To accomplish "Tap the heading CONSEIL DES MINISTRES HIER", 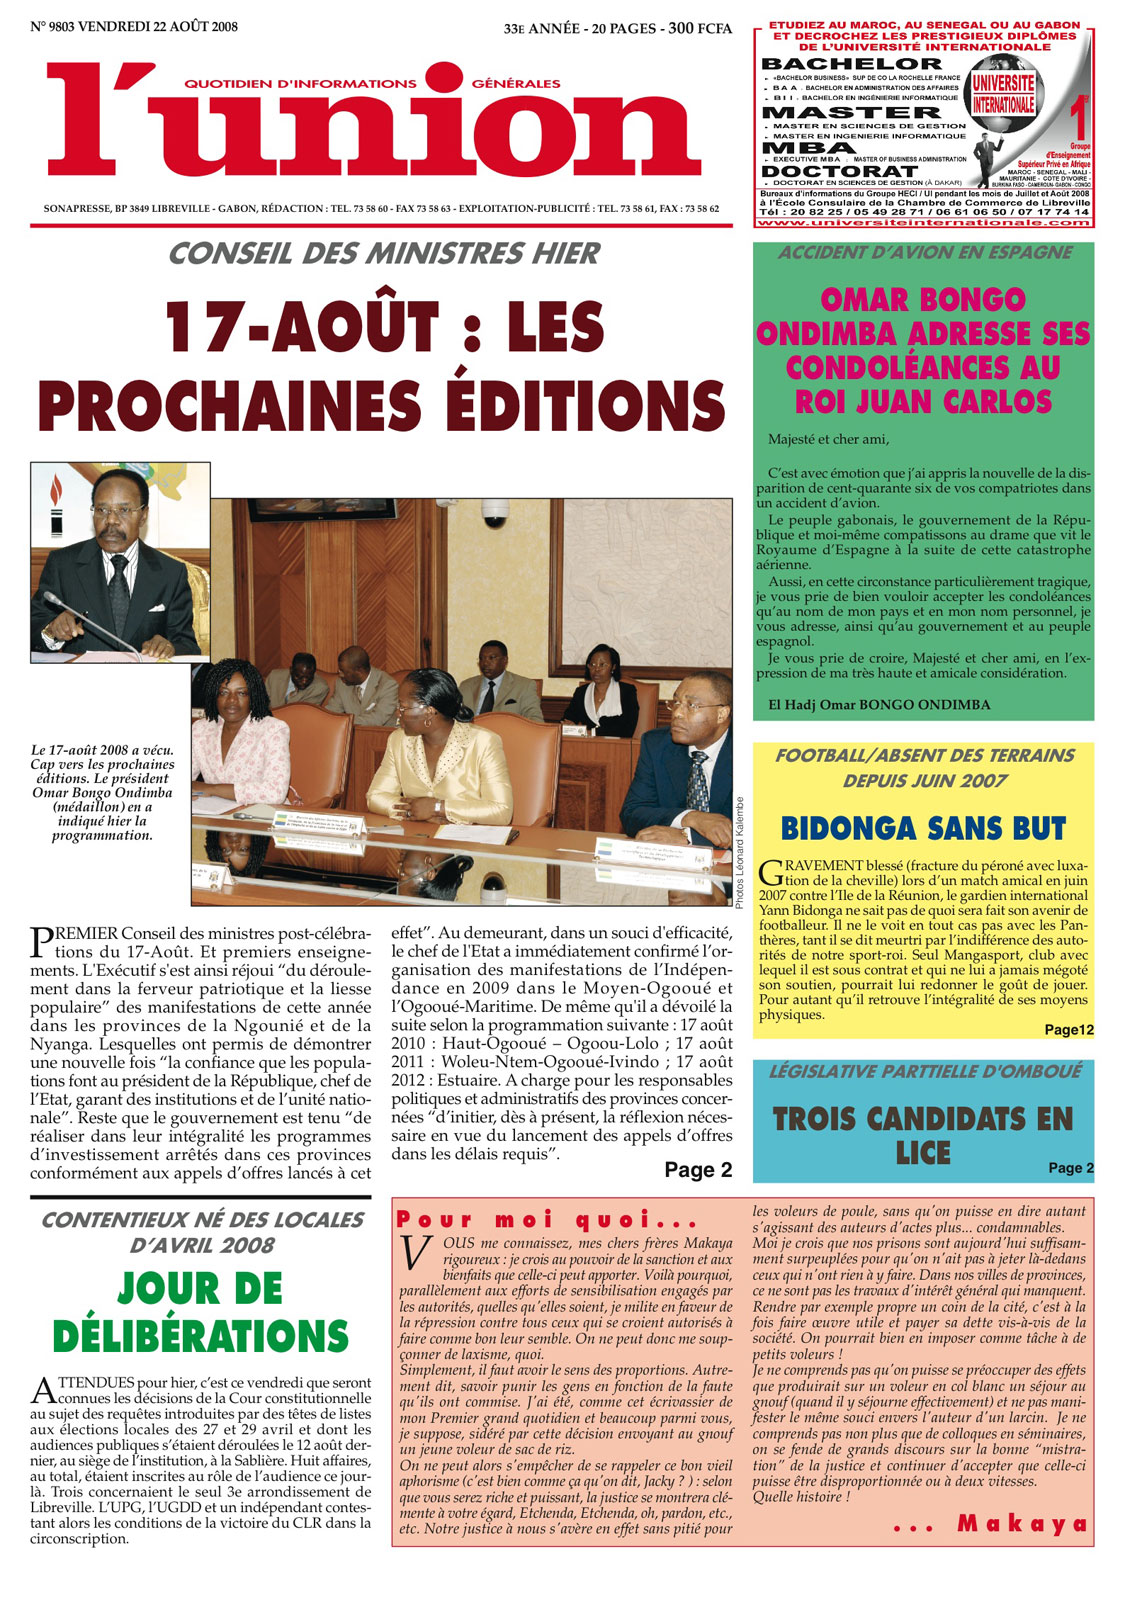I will click(x=383, y=254).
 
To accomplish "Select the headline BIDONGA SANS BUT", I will click(x=922, y=829).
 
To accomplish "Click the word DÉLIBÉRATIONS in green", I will click(x=200, y=1336).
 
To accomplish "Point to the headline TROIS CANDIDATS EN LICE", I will click(x=922, y=1135).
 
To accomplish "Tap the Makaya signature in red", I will click(x=1020, y=1524).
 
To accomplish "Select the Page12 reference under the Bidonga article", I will click(x=1068, y=1030).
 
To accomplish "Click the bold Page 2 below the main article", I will click(x=698, y=1170).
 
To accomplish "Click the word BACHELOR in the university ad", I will click(x=837, y=64).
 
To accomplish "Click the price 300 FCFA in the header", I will click(x=700, y=29).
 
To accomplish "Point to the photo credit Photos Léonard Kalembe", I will click(x=740, y=852).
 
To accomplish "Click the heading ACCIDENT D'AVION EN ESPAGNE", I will click(x=923, y=254).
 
